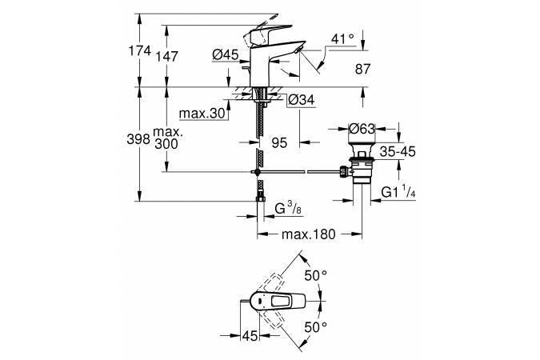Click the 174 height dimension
139,50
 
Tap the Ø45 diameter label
226,55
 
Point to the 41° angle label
342,39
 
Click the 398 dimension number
139,139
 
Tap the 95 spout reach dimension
279,142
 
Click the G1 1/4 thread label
400,193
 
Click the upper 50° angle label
318,275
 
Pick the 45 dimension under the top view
250,335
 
